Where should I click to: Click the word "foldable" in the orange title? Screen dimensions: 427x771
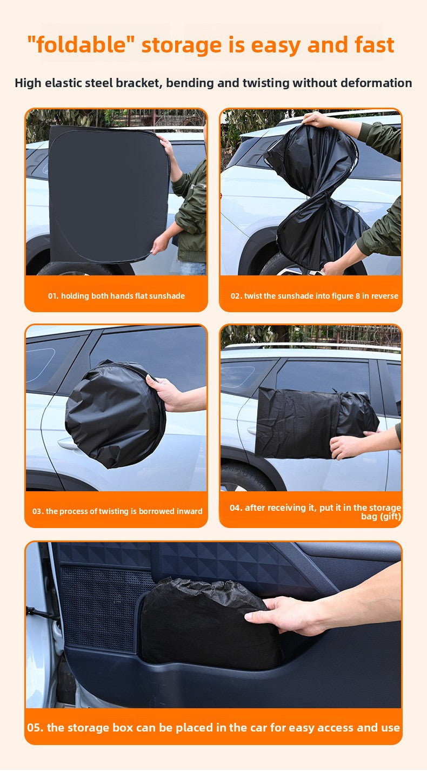81,45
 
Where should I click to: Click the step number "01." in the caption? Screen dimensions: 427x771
54,296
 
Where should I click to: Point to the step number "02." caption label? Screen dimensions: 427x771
236,296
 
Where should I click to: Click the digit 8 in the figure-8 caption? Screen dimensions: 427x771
358,296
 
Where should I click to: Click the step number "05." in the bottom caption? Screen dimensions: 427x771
36,728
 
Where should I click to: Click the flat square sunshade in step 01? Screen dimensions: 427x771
108,194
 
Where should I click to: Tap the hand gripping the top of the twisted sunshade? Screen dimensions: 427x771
316,120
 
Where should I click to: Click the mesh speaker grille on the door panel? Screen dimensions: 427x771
103,606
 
